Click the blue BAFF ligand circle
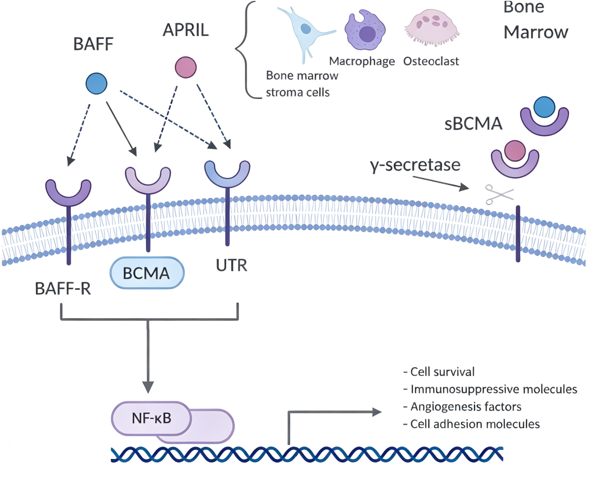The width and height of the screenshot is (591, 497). tap(96, 83)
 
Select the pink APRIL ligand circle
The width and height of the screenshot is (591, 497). tap(186, 68)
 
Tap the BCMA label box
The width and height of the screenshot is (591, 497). tap(147, 273)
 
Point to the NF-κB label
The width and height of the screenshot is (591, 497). tap(152, 418)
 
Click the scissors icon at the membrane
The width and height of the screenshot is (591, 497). tap(499, 194)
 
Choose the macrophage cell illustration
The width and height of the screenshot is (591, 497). tap(365, 30)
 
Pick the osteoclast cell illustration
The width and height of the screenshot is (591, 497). tap(432, 28)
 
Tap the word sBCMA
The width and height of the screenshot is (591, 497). tap(473, 124)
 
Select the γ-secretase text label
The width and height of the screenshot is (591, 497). tap(415, 165)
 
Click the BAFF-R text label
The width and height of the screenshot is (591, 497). tap(63, 289)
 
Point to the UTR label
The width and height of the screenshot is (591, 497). tap(232, 265)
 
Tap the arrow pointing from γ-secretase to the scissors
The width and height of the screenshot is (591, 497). tap(441, 183)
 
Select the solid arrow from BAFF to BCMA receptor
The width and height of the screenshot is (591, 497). tap(122, 129)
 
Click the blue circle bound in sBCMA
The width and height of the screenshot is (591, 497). tap(544, 107)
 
